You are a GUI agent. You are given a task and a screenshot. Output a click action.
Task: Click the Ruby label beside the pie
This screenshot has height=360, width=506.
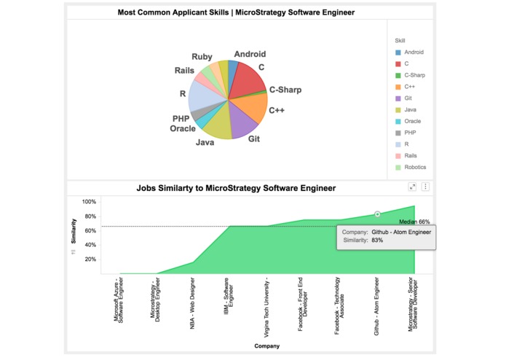[x=202, y=56]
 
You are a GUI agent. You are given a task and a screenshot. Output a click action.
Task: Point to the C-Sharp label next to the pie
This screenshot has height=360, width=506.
[x=285, y=90]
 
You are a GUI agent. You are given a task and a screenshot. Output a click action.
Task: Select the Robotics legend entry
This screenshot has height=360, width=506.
[x=415, y=167]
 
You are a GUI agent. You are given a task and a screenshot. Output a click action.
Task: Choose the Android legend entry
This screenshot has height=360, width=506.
[x=414, y=52]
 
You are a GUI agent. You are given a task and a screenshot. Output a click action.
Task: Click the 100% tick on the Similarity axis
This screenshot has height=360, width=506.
[x=89, y=202]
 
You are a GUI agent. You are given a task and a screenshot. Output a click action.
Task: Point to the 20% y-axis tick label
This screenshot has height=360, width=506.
[x=90, y=258]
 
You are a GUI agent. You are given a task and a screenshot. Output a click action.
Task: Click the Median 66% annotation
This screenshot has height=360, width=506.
[x=414, y=222]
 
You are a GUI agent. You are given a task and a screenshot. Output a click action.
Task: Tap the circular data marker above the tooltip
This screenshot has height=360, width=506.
[x=377, y=214]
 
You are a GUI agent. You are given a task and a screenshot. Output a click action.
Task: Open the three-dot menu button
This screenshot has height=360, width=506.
[x=426, y=187]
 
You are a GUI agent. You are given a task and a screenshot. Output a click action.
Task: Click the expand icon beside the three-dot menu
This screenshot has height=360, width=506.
[x=413, y=187]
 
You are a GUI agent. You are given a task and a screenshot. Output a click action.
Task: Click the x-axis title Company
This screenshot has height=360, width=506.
[x=266, y=346]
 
